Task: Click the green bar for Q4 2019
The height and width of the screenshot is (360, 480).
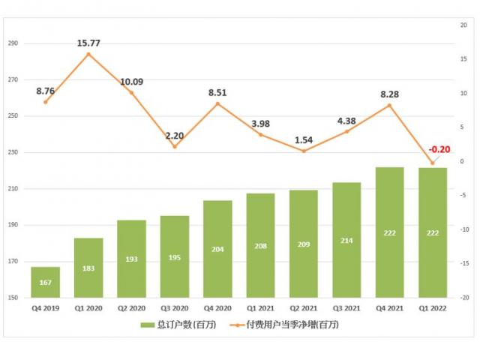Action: click(x=45, y=282)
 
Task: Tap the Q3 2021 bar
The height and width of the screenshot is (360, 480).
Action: click(x=346, y=240)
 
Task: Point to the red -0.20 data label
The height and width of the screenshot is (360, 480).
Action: click(x=439, y=149)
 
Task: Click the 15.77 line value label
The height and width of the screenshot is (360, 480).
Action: click(x=88, y=43)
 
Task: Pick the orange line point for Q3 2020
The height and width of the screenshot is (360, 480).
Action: click(x=175, y=146)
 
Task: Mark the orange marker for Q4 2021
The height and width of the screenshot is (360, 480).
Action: click(x=389, y=106)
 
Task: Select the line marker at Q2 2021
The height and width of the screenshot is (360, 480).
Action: click(x=304, y=151)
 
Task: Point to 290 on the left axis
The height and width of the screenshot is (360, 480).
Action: click(x=13, y=43)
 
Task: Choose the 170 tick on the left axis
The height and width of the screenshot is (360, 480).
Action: click(x=13, y=262)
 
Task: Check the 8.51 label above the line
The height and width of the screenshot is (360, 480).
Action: click(x=217, y=94)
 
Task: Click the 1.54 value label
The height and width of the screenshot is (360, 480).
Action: click(x=303, y=140)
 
